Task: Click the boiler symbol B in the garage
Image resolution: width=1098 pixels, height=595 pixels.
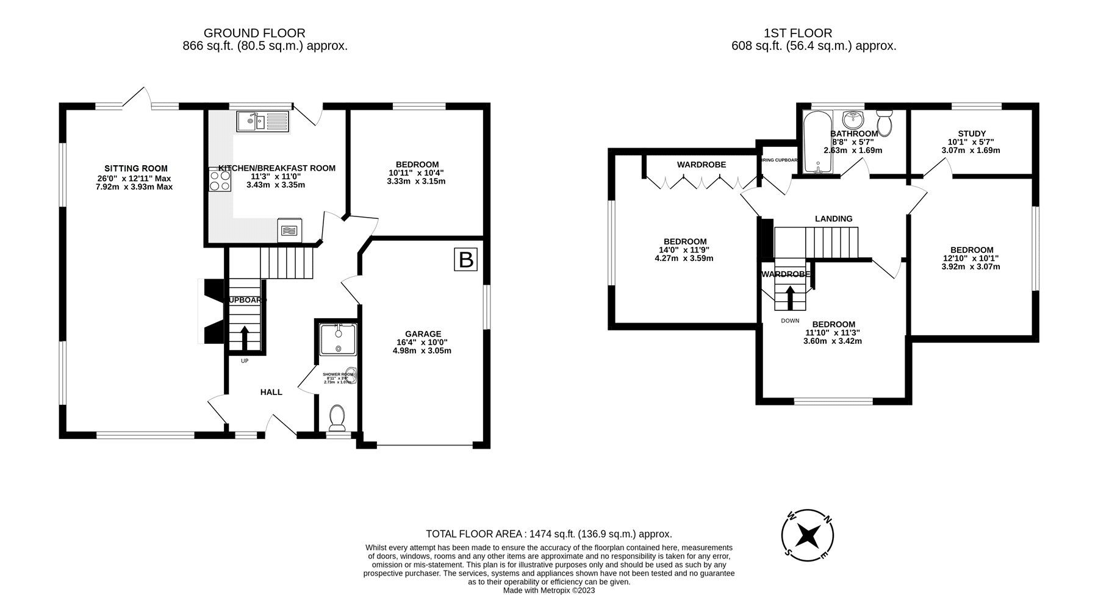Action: pos(465,260)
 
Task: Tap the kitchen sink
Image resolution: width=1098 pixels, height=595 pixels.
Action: pos(262,121)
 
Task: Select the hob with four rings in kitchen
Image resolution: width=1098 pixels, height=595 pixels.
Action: pos(220,180)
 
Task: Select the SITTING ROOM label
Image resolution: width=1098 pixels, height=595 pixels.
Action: pos(135,168)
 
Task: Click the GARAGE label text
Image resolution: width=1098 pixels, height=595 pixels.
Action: pos(423,334)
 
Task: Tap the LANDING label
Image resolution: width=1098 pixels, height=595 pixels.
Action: pos(834,218)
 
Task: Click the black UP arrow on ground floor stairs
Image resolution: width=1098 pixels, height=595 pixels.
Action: pos(245,338)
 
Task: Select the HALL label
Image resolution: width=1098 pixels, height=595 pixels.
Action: pos(271,392)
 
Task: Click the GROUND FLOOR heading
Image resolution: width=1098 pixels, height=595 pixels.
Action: pos(254,33)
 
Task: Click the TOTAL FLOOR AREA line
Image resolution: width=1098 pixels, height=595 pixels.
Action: pos(548,533)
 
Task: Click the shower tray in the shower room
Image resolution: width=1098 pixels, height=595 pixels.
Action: pos(338,340)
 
